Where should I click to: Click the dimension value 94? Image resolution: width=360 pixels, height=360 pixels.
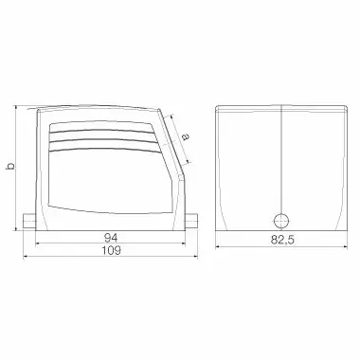(x=111, y=238)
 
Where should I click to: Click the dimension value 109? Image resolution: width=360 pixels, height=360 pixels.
(x=111, y=250)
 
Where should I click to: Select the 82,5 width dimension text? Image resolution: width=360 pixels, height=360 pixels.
(x=282, y=240)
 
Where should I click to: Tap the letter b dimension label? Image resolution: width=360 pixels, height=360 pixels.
(x=10, y=166)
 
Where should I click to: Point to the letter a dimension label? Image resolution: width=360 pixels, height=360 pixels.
(x=186, y=136)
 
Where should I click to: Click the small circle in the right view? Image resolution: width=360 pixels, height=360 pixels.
(x=280, y=221)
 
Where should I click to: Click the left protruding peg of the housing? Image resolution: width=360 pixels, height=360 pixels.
(x=29, y=222)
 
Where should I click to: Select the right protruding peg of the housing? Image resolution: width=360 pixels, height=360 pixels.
(x=190, y=222)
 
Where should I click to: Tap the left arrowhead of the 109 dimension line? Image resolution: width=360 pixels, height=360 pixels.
(x=26, y=257)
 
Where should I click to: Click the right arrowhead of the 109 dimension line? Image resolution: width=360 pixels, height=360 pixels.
(x=195, y=257)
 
